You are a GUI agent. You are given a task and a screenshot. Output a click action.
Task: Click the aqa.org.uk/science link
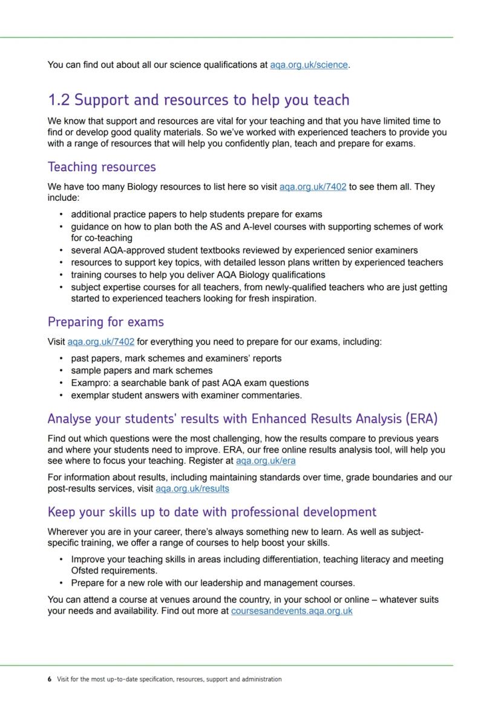pyautogui.click(x=309, y=65)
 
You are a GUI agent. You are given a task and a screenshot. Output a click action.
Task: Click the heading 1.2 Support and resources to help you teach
pyautogui.click(x=198, y=100)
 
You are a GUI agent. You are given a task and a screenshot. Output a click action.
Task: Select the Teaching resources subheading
pyautogui.click(x=102, y=167)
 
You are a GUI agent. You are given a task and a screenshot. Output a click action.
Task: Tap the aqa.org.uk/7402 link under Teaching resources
pyautogui.click(x=313, y=187)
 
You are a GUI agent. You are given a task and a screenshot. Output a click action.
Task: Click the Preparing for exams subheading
pyautogui.click(x=106, y=322)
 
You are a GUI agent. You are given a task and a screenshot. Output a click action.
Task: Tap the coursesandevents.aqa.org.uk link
pyautogui.click(x=292, y=611)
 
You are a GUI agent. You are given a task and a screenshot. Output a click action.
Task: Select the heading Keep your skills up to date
pyautogui.click(x=212, y=512)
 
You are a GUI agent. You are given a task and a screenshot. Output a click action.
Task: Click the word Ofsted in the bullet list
pyautogui.click(x=85, y=571)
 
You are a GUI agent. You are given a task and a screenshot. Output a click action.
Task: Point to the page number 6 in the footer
pyautogui.click(x=49, y=679)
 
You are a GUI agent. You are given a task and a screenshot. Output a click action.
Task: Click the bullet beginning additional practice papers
pyautogui.click(x=197, y=214)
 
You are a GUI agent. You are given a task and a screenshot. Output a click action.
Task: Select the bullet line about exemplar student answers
pyautogui.click(x=186, y=395)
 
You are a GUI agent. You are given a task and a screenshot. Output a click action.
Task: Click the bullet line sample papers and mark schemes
pyautogui.click(x=142, y=370)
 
